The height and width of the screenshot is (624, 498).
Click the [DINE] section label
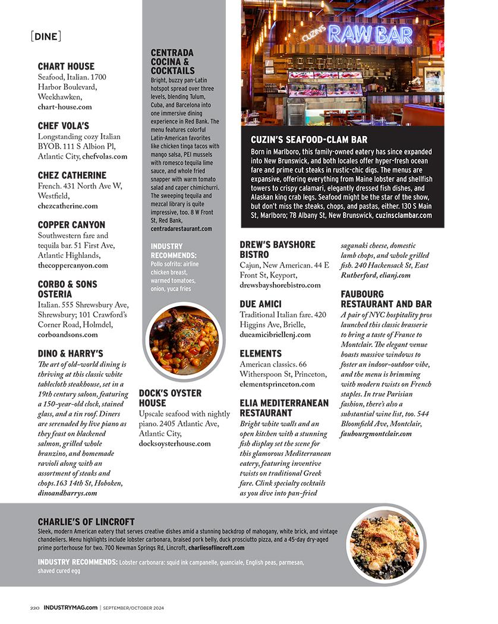pyautogui.click(x=45, y=37)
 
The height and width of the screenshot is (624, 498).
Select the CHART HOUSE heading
pyautogui.click(x=66, y=66)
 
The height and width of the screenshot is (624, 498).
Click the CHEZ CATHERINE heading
pyautogui.click(x=72, y=175)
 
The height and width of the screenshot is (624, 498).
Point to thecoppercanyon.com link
pyautogui.click(x=73, y=266)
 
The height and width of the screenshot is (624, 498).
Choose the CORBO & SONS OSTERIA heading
pyautogui.click(x=67, y=289)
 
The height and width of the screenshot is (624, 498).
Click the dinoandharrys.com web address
pyautogui.click(x=67, y=493)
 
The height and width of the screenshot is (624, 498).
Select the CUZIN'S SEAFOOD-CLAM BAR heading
pyautogui.click(x=309, y=140)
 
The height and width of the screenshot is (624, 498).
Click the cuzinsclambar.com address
pyautogui.click(x=404, y=215)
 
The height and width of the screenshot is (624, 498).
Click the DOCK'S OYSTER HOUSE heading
pyautogui.click(x=170, y=398)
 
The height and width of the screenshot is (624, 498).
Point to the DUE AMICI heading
pyautogui.click(x=260, y=304)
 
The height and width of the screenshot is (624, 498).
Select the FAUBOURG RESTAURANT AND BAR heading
pyautogui.click(x=386, y=299)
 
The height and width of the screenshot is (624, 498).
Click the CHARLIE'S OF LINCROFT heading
pyautogui.click(x=86, y=521)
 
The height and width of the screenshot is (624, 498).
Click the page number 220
pyautogui.click(x=35, y=608)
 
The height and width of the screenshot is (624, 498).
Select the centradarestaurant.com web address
pyautogui.click(x=181, y=228)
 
